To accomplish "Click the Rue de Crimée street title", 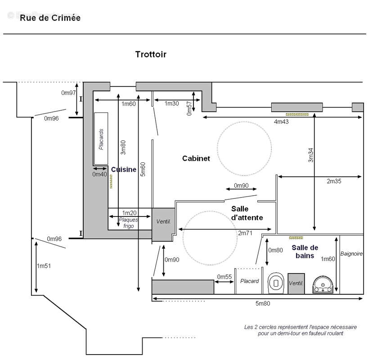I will (49, 18).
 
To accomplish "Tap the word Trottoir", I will (151, 54).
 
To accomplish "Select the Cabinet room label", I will (196, 158).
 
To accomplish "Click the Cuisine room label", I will (123, 170).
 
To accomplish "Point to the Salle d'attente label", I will (247, 213).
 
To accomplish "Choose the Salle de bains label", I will (305, 252).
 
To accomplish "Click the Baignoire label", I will (351, 254).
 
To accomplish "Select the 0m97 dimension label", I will (69, 93).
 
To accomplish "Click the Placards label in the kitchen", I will (101, 139).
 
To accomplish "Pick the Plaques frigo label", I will (128, 223).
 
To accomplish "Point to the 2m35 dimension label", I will (334, 181).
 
